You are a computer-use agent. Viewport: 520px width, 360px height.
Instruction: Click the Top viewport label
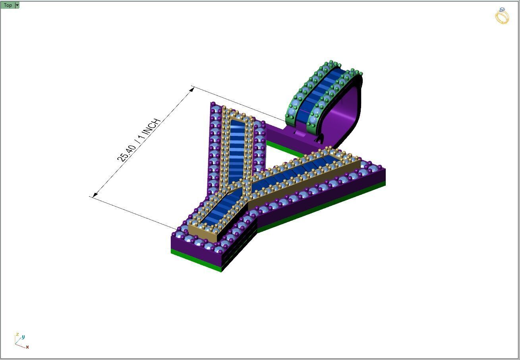tap(8, 5)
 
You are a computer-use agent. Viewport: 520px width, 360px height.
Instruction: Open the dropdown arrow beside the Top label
tap(17, 5)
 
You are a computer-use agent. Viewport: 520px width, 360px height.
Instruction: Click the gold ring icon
tap(502, 15)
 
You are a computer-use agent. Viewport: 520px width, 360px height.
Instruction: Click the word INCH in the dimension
tap(152, 127)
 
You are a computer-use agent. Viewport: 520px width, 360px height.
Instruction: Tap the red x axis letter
tap(27, 347)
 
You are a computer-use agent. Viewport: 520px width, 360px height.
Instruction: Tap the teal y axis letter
tap(23, 337)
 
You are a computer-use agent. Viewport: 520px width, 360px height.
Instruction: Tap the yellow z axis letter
tap(17, 335)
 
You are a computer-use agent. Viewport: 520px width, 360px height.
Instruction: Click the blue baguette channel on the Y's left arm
tap(237, 151)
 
